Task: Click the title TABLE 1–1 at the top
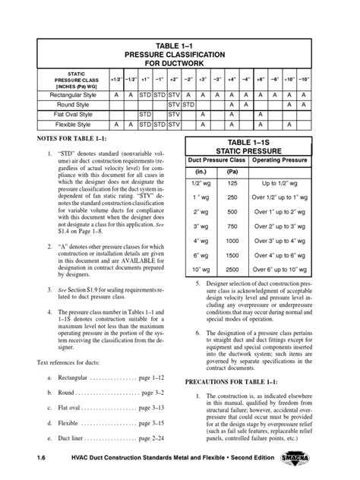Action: pyautogui.click(x=179, y=45)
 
